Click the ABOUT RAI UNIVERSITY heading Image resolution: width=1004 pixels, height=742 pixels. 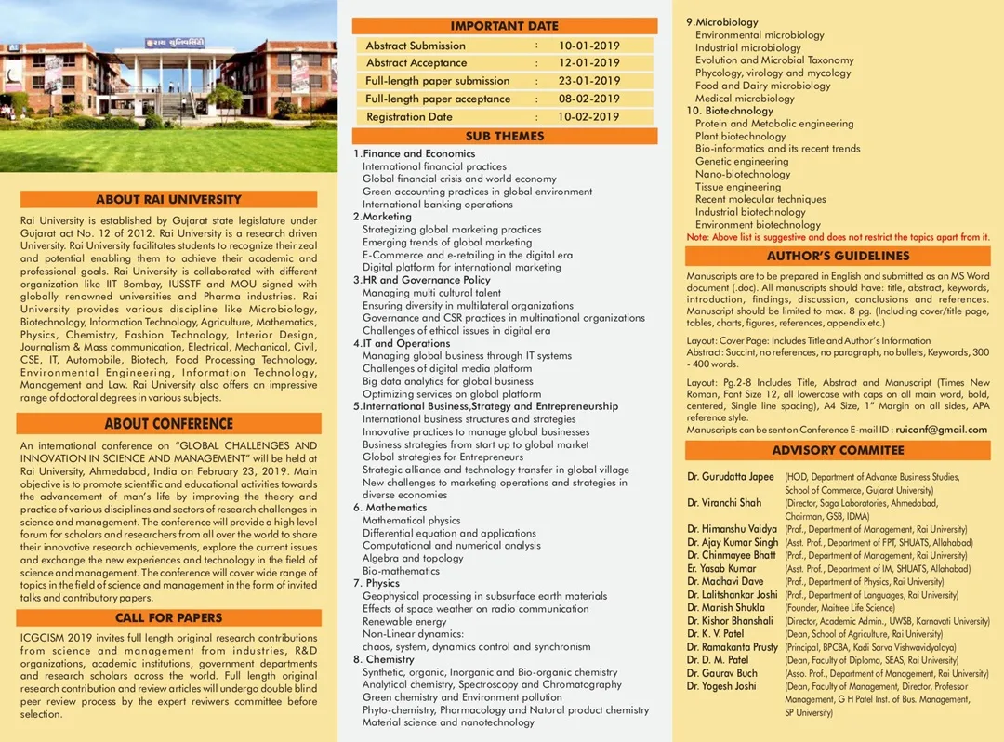click(x=168, y=199)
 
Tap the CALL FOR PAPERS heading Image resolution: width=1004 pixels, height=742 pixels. click(x=168, y=617)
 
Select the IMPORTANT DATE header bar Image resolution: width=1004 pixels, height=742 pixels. click(x=505, y=26)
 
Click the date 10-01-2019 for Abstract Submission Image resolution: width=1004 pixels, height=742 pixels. click(x=588, y=46)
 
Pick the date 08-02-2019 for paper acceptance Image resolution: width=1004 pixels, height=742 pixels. click(x=588, y=99)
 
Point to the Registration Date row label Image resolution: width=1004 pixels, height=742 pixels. click(x=409, y=117)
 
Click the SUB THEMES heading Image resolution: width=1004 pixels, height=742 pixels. click(x=505, y=136)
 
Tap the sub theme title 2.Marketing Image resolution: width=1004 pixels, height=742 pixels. click(x=382, y=217)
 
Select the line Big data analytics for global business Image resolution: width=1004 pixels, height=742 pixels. click(x=448, y=381)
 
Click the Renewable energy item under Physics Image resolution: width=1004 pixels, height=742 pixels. click(x=404, y=622)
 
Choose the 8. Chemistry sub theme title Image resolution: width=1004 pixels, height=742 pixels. click(x=383, y=659)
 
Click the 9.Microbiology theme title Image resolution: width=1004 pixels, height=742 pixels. click(x=722, y=22)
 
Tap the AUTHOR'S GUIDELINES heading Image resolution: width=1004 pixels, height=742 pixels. click(x=838, y=256)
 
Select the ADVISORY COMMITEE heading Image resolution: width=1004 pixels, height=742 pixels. click(x=838, y=450)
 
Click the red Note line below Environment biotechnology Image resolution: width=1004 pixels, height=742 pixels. click(x=838, y=237)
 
